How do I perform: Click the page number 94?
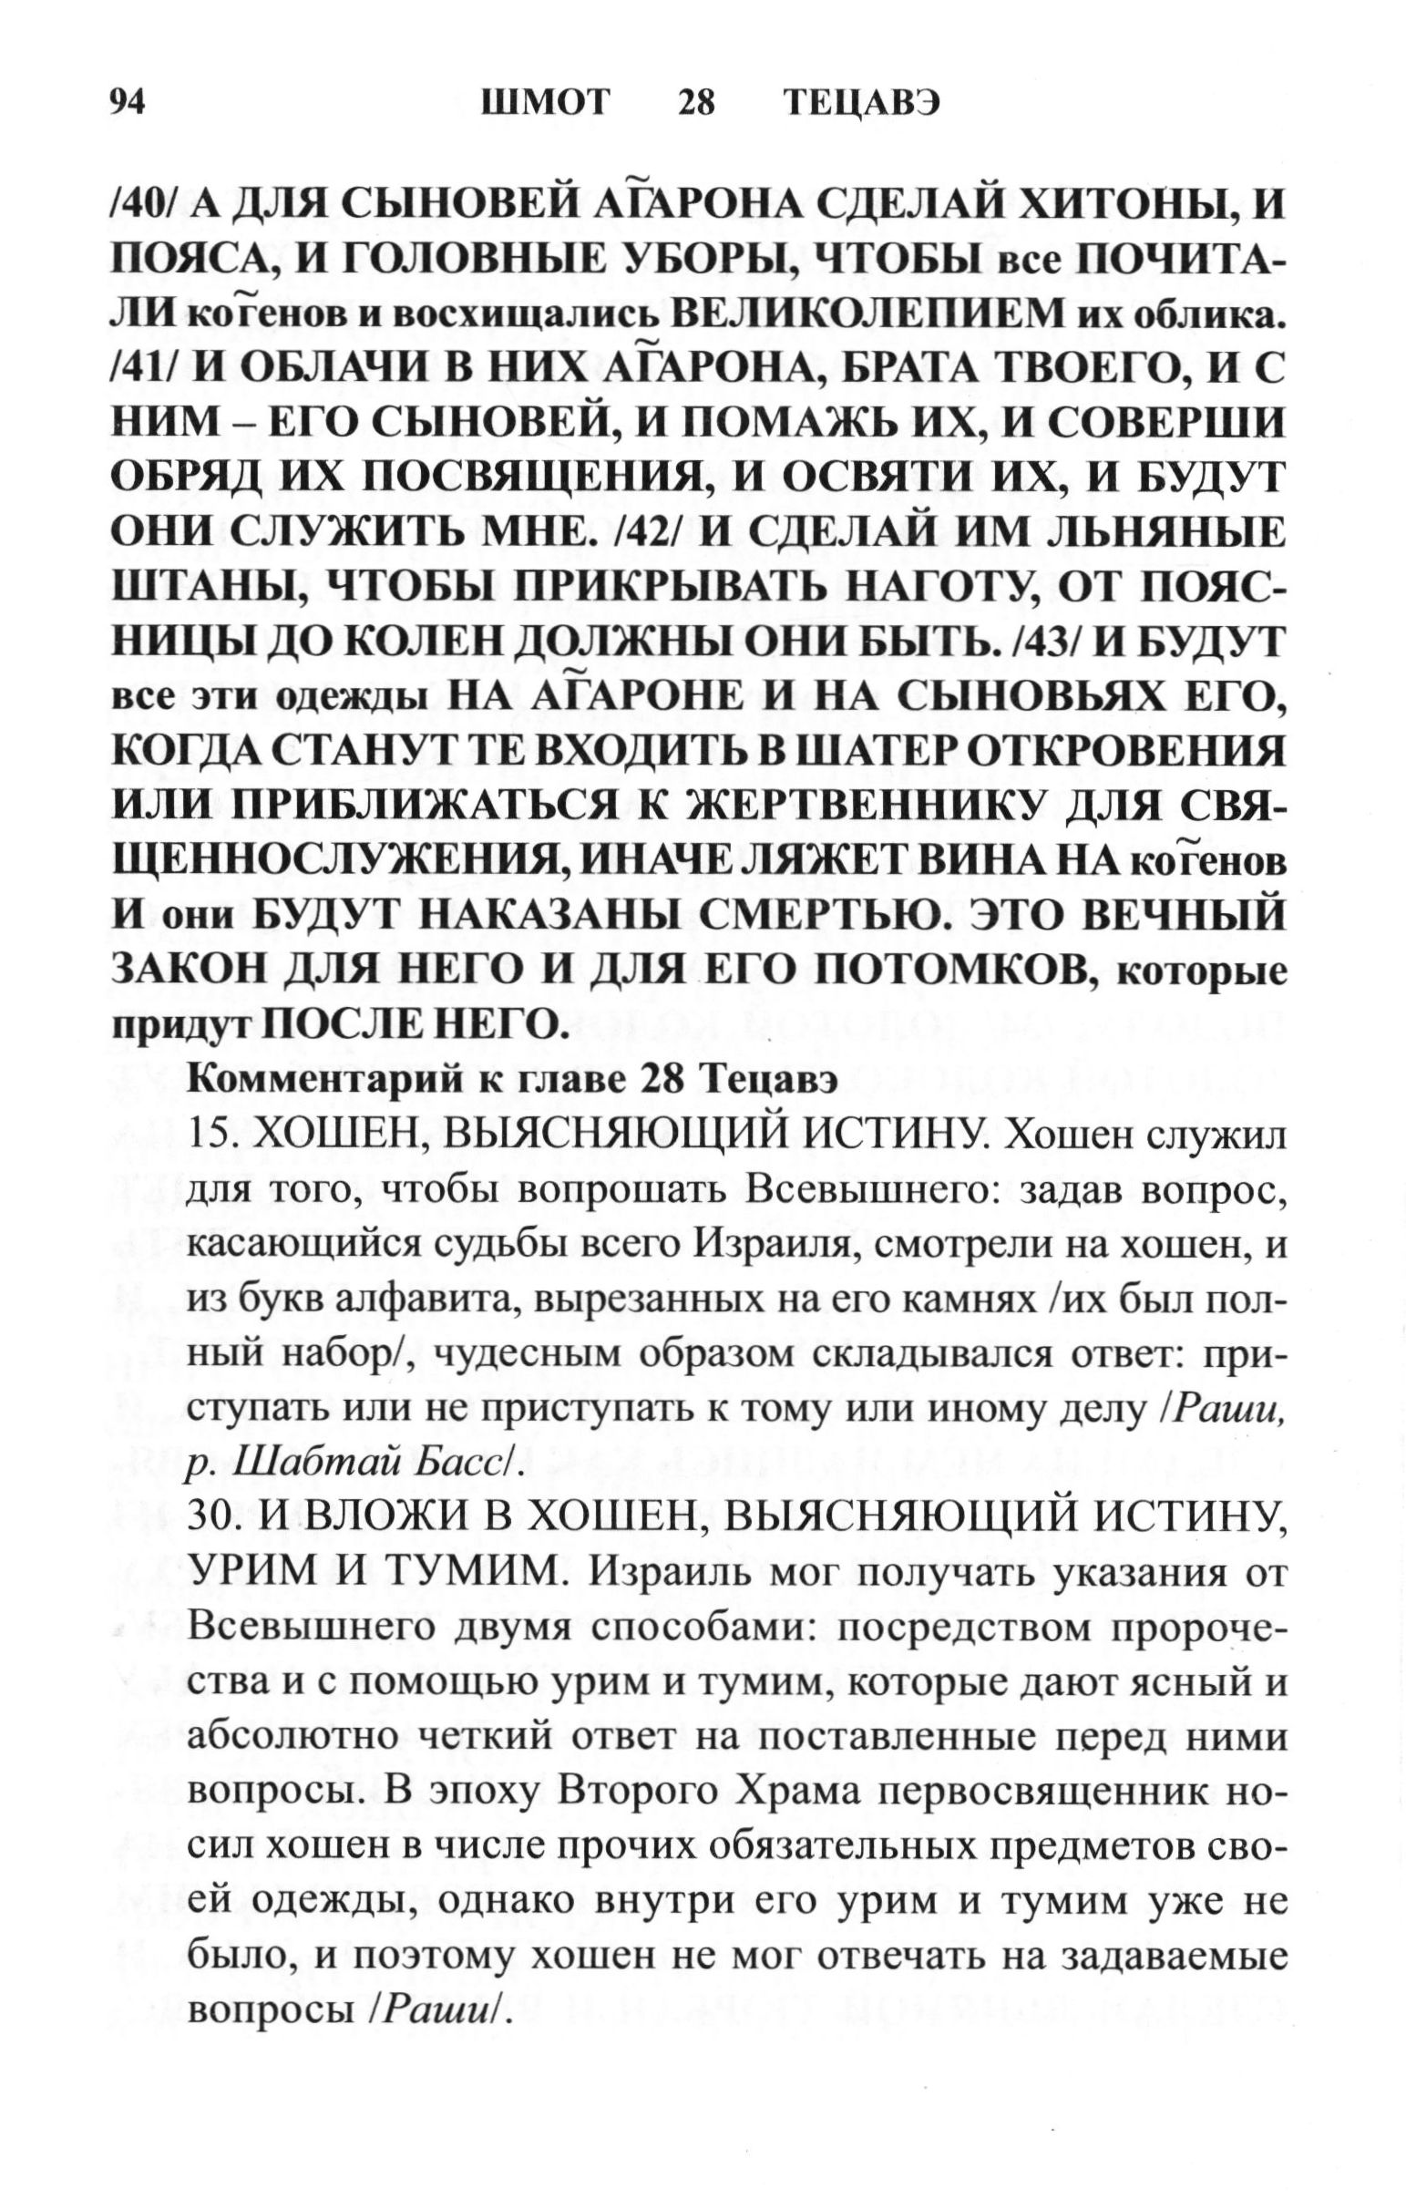pyautogui.click(x=128, y=103)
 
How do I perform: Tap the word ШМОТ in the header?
pyautogui.click(x=545, y=103)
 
